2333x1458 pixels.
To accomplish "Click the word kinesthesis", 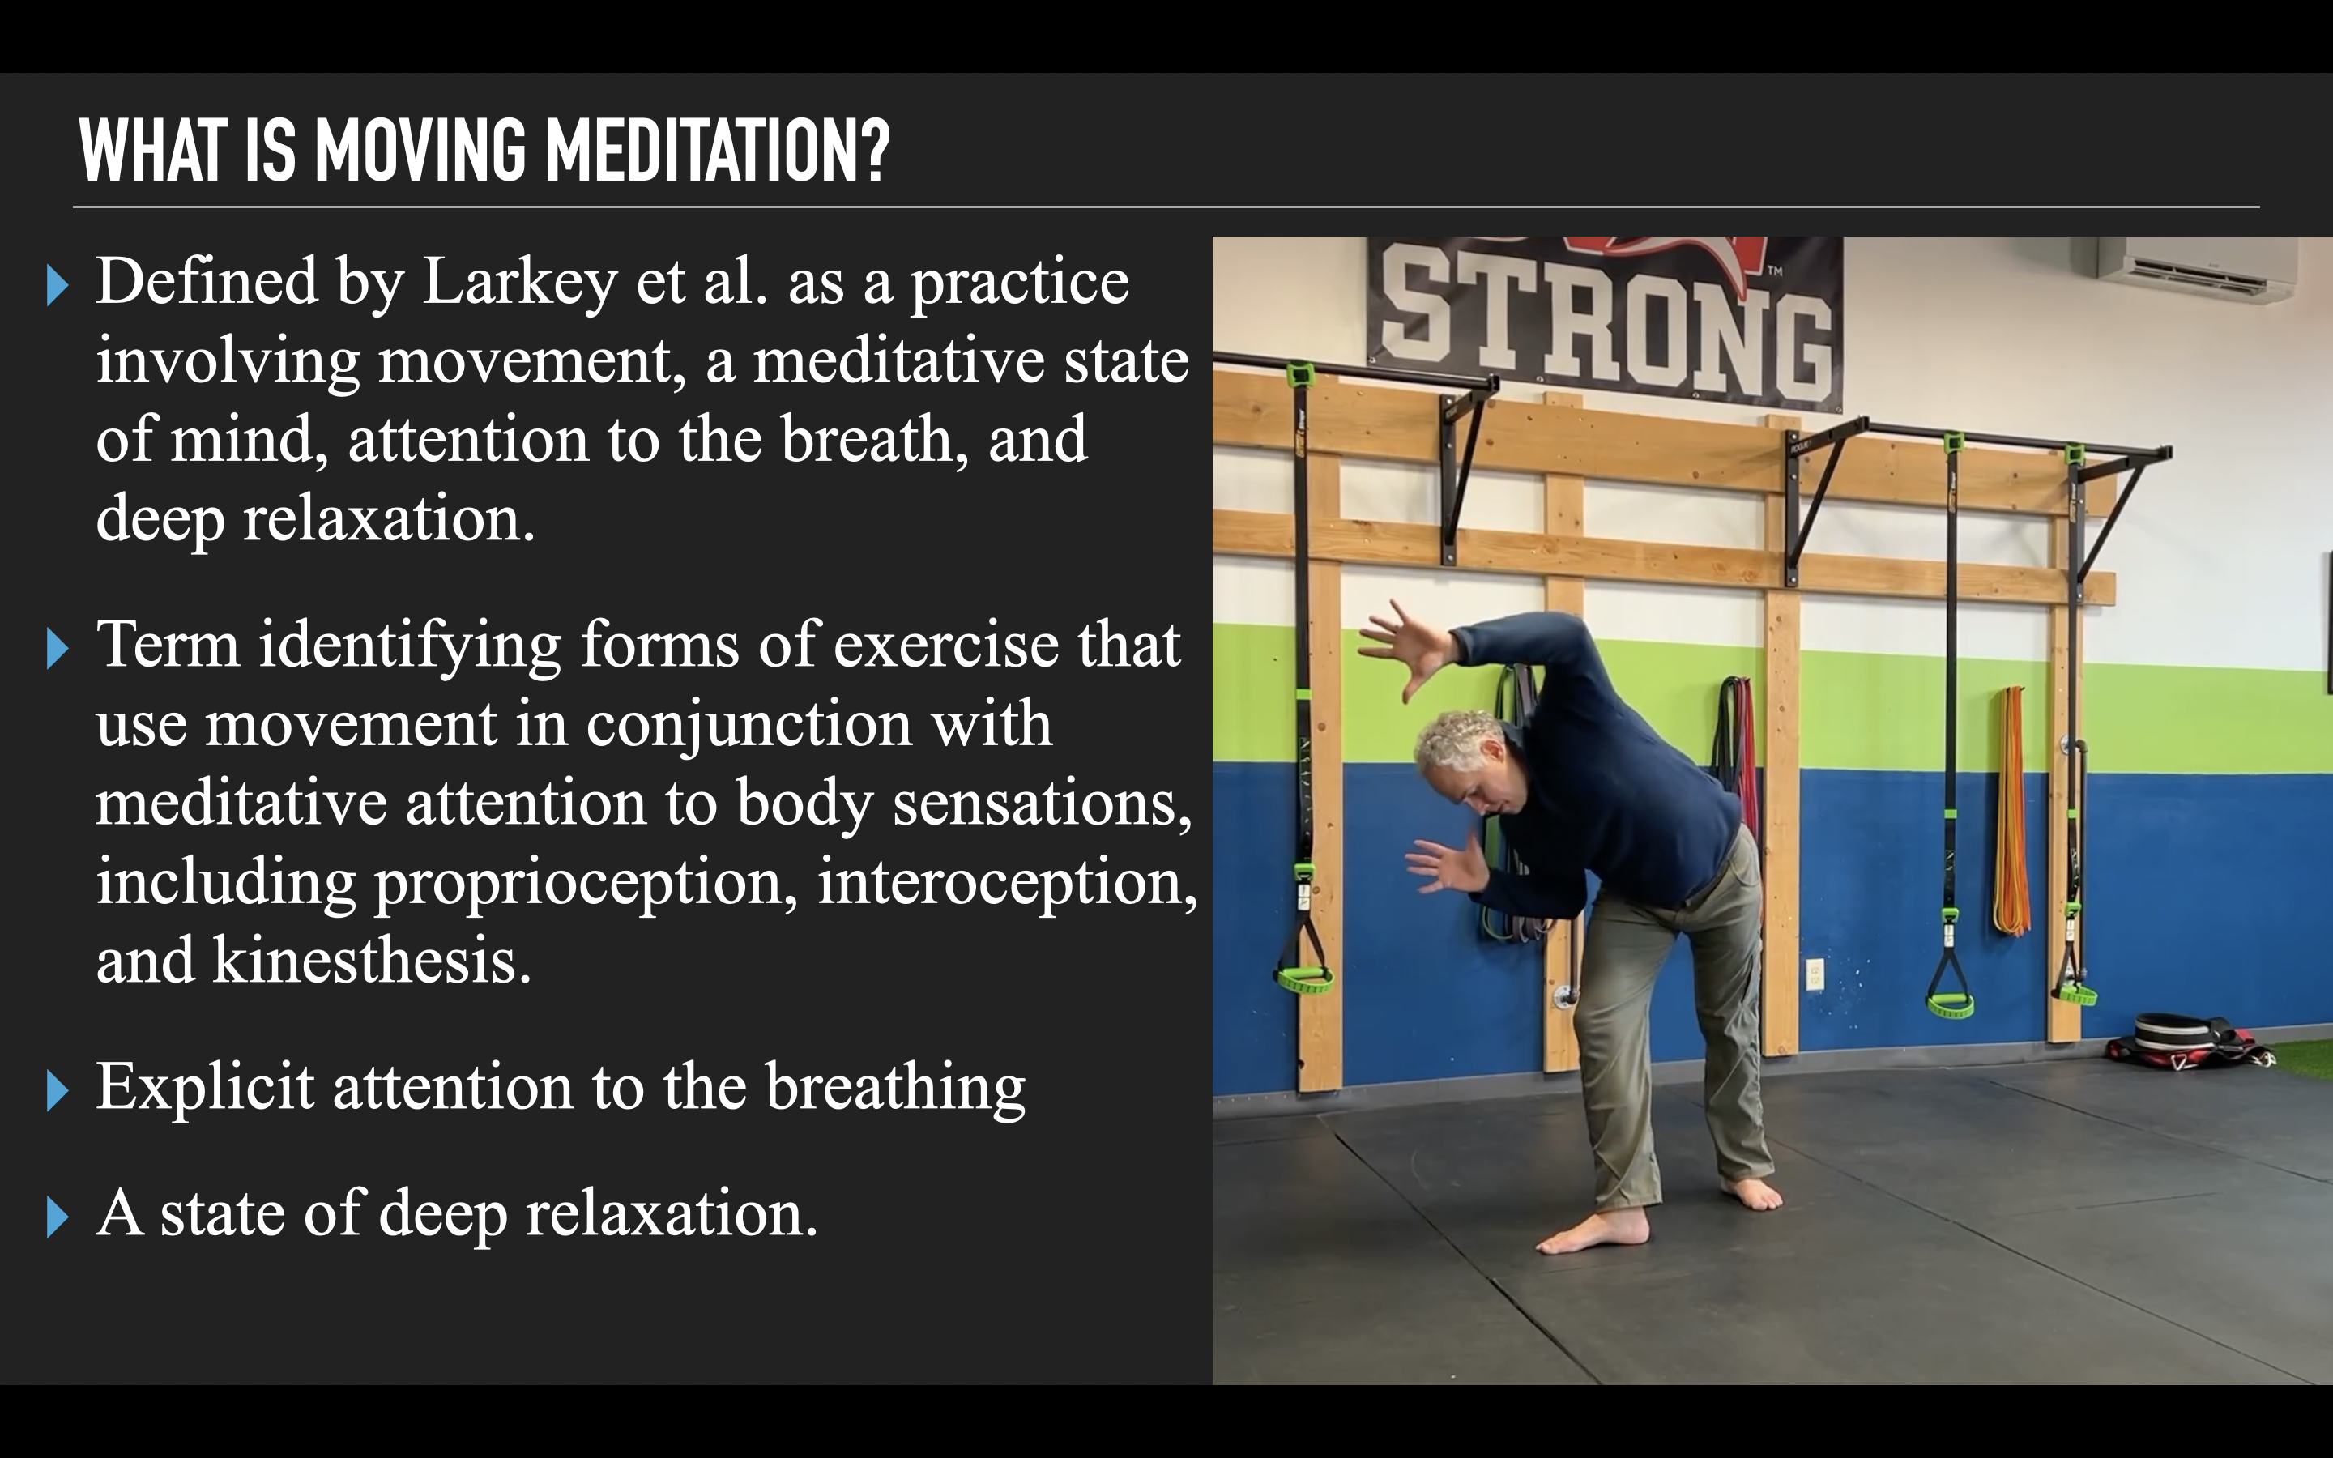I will (371, 961).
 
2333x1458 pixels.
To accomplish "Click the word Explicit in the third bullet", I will (205, 1088).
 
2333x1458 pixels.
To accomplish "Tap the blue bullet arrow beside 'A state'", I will (57, 1217).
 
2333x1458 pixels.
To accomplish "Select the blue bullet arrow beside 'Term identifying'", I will (57, 649).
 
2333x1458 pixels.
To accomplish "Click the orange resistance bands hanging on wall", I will (2010, 810).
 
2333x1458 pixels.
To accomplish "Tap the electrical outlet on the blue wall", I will (1814, 974).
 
